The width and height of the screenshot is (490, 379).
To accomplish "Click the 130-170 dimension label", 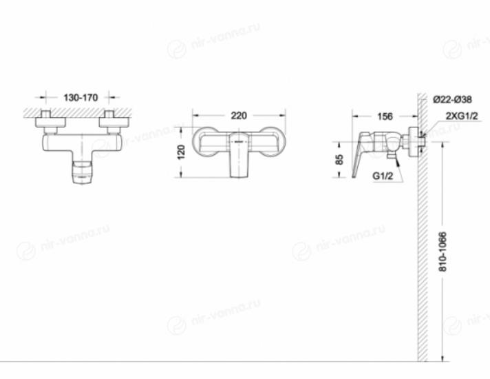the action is (81, 98).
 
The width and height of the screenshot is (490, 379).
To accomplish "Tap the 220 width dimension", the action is (239, 116).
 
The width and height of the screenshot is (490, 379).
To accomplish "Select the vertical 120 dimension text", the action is (181, 152).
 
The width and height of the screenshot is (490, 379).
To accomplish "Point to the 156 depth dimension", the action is (385, 116).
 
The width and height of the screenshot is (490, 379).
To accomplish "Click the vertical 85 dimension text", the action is (339, 160).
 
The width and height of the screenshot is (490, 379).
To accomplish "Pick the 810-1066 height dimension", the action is (443, 252).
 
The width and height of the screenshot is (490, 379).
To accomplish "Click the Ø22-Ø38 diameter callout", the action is (452, 99).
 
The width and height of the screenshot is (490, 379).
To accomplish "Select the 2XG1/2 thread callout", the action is (462, 116).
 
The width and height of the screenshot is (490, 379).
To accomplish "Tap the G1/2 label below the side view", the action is (383, 176).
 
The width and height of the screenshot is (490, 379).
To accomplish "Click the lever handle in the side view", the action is (359, 154).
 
